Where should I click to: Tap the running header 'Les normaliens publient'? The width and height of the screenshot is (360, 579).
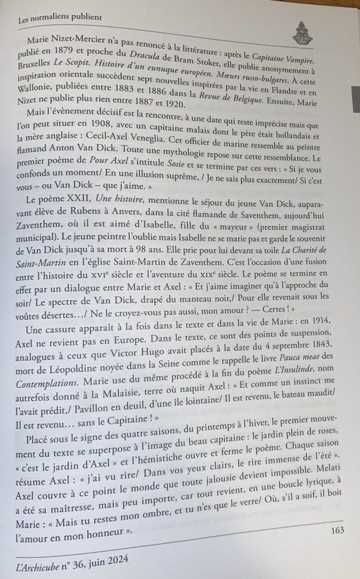[x=60, y=18]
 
